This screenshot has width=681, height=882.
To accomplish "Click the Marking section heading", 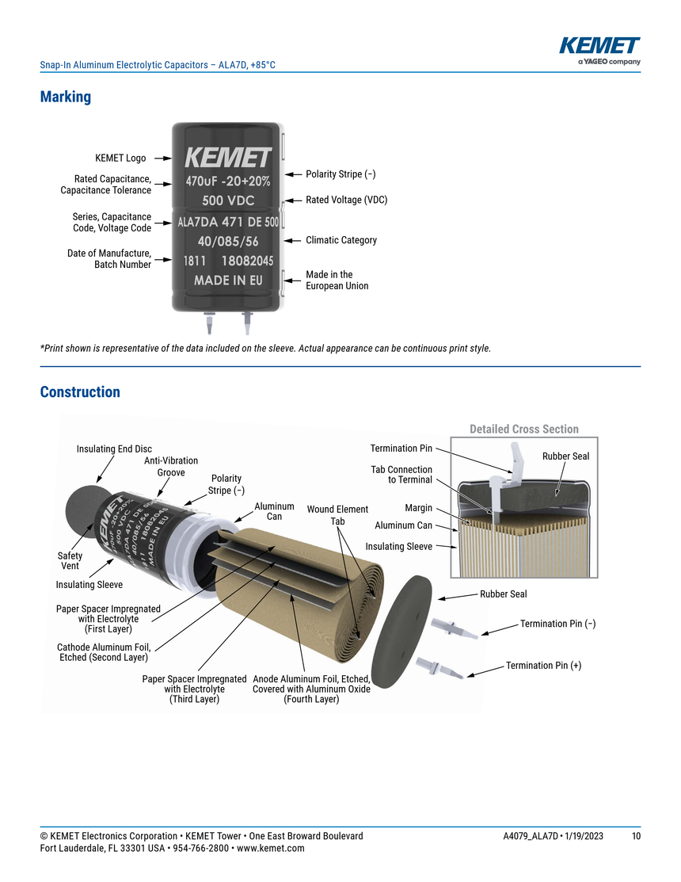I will [66, 97].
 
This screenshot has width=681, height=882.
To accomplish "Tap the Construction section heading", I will [80, 392].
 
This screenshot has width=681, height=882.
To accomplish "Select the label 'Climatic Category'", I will [341, 240].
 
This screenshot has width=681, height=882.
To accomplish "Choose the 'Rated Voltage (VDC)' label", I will [346, 200].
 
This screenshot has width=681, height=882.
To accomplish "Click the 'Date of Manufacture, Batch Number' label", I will [109, 259].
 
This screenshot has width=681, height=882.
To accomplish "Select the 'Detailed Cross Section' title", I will [524, 430].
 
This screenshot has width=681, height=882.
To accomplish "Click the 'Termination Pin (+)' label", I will [543, 666].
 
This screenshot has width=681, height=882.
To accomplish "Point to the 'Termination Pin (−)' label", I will [557, 624].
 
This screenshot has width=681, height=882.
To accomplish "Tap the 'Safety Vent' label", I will [70, 561].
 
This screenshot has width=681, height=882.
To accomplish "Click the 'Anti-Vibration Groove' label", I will [171, 467].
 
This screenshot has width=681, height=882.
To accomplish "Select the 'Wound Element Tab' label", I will [337, 515].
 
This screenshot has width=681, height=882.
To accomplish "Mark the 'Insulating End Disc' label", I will [114, 449].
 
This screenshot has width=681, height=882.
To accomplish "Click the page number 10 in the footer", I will [636, 837].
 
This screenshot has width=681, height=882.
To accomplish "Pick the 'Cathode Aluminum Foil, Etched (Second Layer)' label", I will [104, 652].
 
